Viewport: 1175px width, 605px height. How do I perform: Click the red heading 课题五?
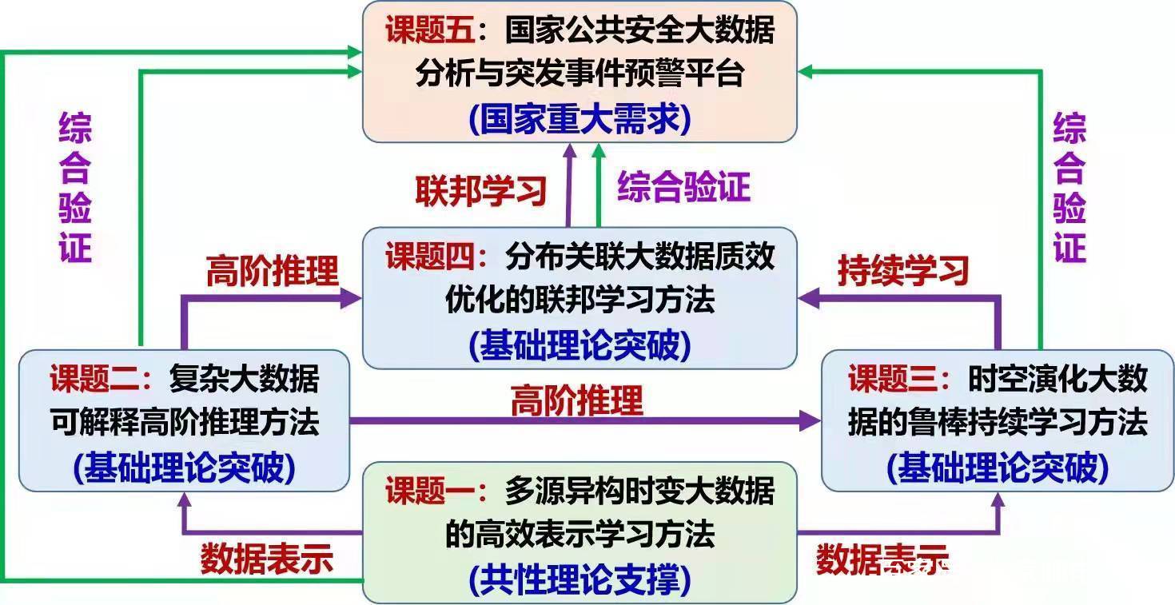[x=431, y=32]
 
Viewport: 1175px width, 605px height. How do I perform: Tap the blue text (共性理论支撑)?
[x=580, y=580]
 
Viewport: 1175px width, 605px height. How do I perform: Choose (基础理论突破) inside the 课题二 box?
[x=184, y=468]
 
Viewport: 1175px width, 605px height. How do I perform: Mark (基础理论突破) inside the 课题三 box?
[x=998, y=468]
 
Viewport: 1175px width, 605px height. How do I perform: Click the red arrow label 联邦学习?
[x=481, y=190]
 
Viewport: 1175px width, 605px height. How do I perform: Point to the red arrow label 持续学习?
[x=903, y=271]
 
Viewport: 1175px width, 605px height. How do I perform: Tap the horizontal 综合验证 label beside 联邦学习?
[x=683, y=187]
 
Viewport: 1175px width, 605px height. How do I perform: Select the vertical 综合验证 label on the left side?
[x=75, y=188]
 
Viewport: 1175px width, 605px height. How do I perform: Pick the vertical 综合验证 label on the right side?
[x=1069, y=188]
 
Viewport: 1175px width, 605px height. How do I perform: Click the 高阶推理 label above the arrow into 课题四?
[x=272, y=271]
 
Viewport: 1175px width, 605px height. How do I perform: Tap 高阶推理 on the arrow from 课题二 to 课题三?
[x=576, y=400]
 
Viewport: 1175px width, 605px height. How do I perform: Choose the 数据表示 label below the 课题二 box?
[x=266, y=559]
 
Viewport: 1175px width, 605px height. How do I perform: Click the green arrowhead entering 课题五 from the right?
[x=806, y=73]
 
